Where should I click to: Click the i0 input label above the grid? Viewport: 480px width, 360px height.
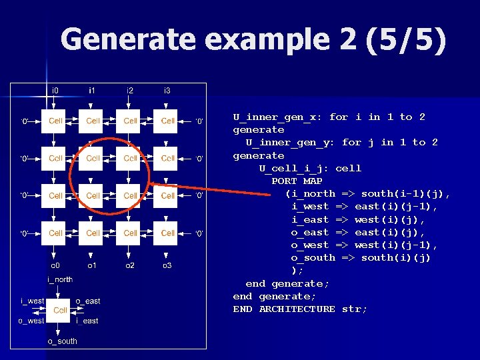[x=55, y=90]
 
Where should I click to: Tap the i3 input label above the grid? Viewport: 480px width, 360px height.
[x=167, y=90]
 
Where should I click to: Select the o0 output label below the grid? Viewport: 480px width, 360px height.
[x=55, y=266]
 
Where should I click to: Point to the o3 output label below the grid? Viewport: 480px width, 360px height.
[x=167, y=266]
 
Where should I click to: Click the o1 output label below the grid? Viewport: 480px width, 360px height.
[x=93, y=266]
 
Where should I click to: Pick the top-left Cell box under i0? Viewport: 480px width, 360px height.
[x=55, y=121]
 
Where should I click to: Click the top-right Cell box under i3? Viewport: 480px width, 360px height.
[x=167, y=121]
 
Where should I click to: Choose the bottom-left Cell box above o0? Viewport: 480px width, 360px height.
[x=55, y=233]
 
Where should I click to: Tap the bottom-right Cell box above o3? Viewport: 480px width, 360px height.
[x=167, y=233]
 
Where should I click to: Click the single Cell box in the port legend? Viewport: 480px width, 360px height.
[x=60, y=310]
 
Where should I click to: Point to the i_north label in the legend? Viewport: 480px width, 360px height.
[x=60, y=279]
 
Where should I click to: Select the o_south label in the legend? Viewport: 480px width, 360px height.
[x=62, y=341]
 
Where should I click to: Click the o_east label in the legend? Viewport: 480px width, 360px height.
[x=87, y=301]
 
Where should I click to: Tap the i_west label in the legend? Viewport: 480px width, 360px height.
[x=32, y=301]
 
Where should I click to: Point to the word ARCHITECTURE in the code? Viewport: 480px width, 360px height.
[x=297, y=309]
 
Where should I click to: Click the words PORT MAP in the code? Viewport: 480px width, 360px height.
[x=297, y=181]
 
